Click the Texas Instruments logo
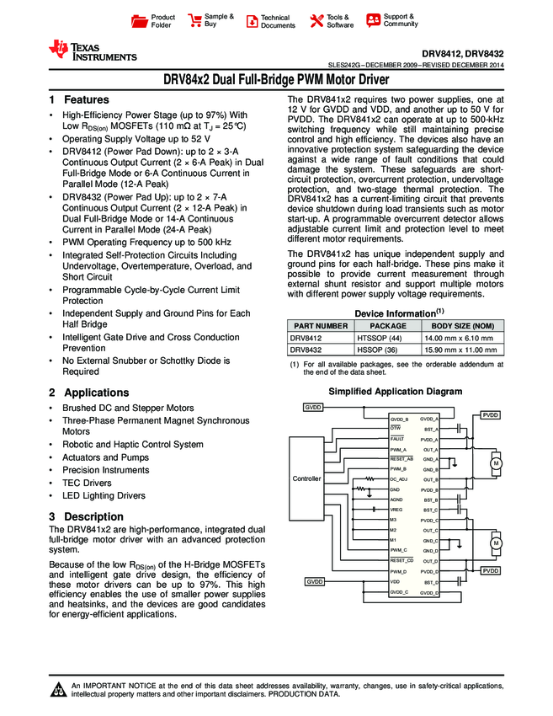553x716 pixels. (x=93, y=51)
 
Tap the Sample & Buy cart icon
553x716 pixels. (x=195, y=20)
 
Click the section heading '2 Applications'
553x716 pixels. (x=88, y=393)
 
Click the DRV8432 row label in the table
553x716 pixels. (x=308, y=349)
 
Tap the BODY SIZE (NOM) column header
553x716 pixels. (x=463, y=325)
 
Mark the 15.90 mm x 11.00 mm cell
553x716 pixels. (x=463, y=349)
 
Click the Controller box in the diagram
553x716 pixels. (x=306, y=478)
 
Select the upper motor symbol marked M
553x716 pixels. (x=496, y=464)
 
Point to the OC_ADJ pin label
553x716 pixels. (x=399, y=478)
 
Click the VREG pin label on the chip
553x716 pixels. (x=396, y=510)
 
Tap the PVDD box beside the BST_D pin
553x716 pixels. (x=490, y=571)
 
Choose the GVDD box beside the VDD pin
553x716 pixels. (x=314, y=582)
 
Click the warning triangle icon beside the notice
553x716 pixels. (x=58, y=691)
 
